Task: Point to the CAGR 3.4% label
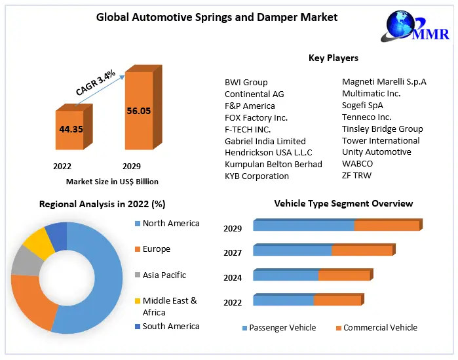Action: pyautogui.click(x=96, y=83)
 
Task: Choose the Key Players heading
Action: pyautogui.click(x=334, y=58)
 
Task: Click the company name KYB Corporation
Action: pyautogui.click(x=257, y=176)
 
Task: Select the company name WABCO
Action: pyautogui.click(x=358, y=163)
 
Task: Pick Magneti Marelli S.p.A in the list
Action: pyautogui.click(x=384, y=81)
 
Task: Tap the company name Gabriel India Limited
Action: pyautogui.click(x=265, y=140)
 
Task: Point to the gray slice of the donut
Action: pyautogui.click(x=25, y=260)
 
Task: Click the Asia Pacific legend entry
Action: pyautogui.click(x=164, y=275)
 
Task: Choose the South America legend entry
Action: pyautogui.click(x=170, y=326)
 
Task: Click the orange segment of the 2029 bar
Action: pyautogui.click(x=387, y=226)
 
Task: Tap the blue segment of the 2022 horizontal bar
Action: pyautogui.click(x=283, y=300)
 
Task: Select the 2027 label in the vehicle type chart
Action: pyautogui.click(x=233, y=252)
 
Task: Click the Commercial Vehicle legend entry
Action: pyautogui.click(x=379, y=327)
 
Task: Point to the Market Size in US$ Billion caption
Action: pyautogui.click(x=112, y=182)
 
